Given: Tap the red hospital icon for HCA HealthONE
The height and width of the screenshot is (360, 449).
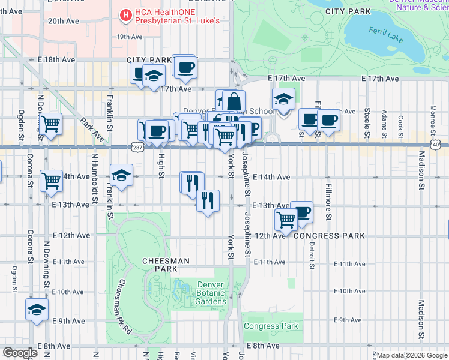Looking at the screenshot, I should [125, 14].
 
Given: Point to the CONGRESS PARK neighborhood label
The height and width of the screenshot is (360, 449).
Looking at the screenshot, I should [329, 236].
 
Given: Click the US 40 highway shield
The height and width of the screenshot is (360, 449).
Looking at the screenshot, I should [435, 146].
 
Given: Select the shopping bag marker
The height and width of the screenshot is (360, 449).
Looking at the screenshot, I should [234, 100].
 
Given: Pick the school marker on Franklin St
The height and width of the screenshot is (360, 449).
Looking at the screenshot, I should [121, 175].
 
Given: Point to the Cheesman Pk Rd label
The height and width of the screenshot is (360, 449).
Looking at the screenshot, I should [124, 307].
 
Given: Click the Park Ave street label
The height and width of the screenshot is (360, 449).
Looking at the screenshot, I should [89, 130].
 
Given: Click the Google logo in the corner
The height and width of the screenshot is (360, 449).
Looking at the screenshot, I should [20, 353].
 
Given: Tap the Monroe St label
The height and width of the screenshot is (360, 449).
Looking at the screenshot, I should [433, 119].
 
